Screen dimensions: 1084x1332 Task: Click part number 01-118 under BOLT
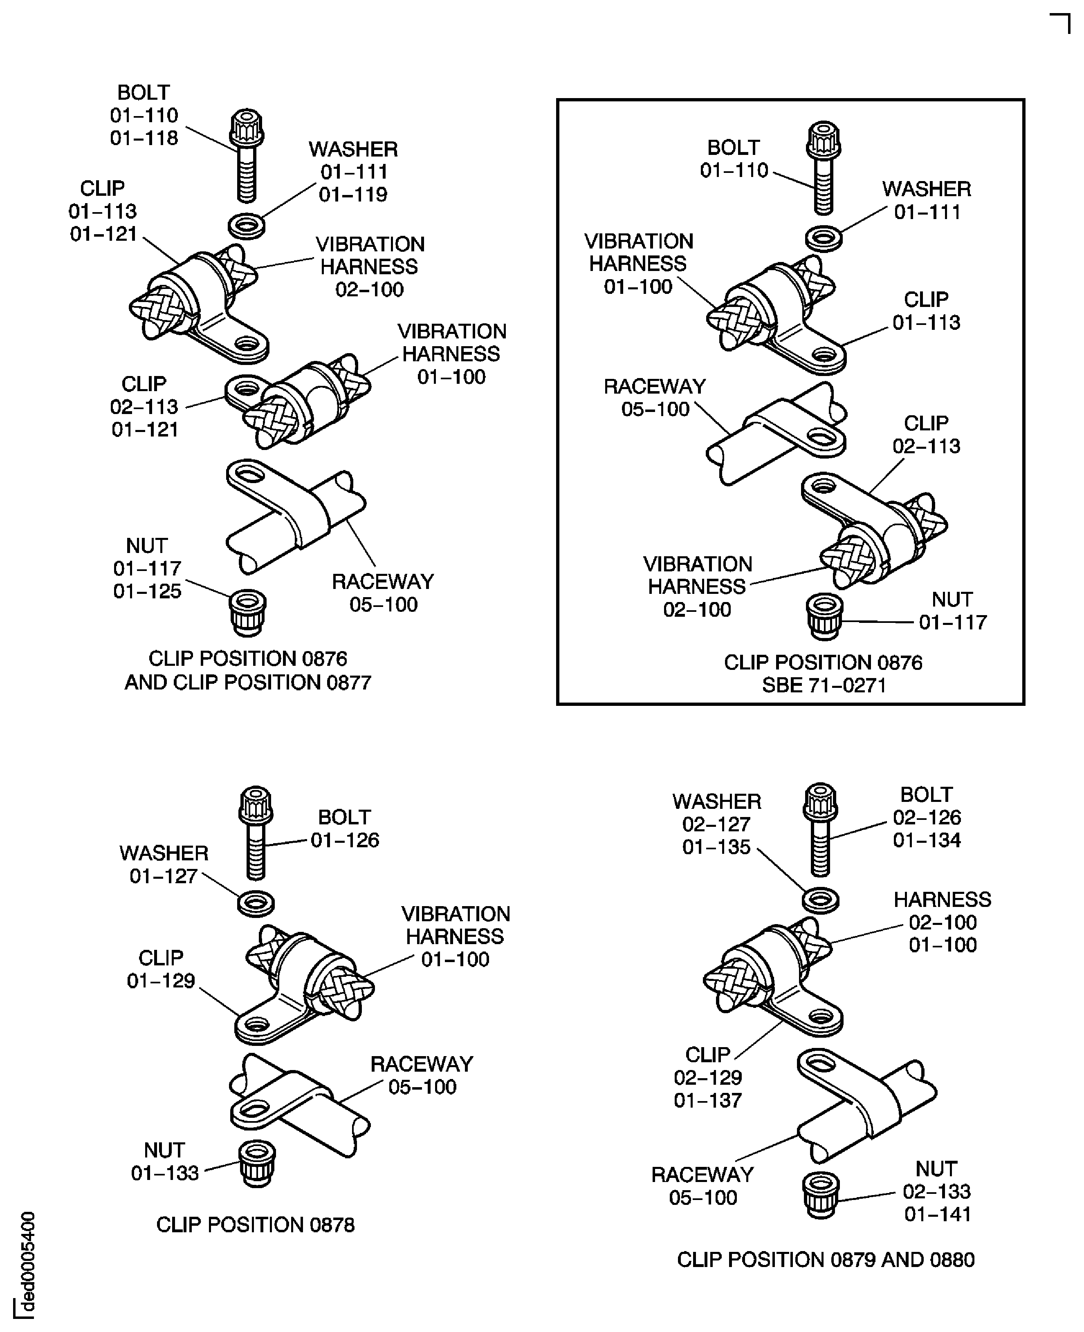click(x=144, y=138)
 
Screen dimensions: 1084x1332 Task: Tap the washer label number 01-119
click(x=353, y=195)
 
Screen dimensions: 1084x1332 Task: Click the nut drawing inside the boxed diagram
click(x=824, y=616)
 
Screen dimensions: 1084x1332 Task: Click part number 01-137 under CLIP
click(x=707, y=1100)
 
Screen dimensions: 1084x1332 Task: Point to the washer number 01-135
click(x=716, y=847)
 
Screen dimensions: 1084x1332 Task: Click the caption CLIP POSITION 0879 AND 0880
click(x=826, y=1260)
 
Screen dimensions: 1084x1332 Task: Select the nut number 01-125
click(x=147, y=591)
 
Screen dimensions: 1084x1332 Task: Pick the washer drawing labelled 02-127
click(x=821, y=900)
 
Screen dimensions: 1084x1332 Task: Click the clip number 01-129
click(x=161, y=981)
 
